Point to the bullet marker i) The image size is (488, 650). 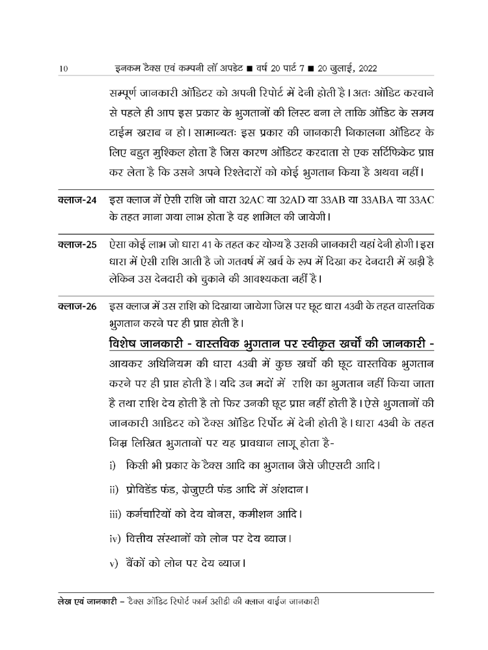coord(112,466)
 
